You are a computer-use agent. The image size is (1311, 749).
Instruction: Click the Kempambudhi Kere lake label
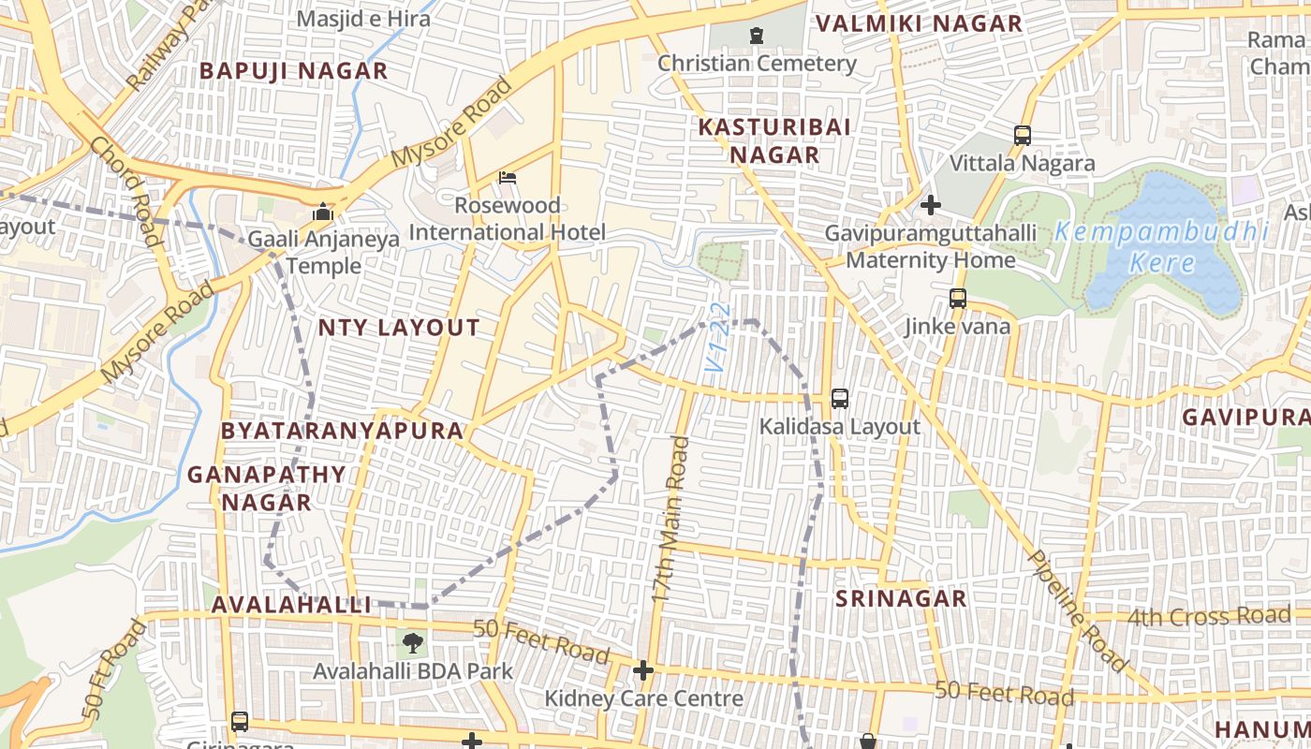click(1161, 246)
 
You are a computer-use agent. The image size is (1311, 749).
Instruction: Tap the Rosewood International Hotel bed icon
click(508, 177)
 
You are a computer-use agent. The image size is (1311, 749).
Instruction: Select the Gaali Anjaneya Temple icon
click(324, 212)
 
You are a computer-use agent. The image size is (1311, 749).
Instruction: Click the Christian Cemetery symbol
click(756, 37)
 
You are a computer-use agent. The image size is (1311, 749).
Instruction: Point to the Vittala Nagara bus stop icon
click(1023, 136)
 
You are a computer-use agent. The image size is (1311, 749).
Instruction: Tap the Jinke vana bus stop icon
click(958, 299)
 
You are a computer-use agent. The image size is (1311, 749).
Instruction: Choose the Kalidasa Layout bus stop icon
click(840, 399)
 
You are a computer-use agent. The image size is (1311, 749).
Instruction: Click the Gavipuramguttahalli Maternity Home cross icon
click(931, 204)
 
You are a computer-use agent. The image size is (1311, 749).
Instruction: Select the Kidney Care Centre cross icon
click(643, 670)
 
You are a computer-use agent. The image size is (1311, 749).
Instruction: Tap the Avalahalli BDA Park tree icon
click(412, 643)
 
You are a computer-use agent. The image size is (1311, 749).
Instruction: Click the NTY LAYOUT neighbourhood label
click(399, 328)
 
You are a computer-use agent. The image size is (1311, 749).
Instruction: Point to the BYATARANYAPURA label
click(342, 431)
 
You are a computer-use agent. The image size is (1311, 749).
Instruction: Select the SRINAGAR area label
click(900, 599)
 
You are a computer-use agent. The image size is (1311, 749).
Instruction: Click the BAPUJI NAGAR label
click(293, 71)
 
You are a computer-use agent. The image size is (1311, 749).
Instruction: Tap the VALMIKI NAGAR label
click(919, 24)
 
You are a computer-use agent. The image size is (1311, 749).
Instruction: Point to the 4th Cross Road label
click(1208, 617)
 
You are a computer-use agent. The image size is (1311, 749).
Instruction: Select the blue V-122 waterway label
click(717, 339)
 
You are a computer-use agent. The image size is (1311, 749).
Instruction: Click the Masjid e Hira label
click(363, 19)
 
